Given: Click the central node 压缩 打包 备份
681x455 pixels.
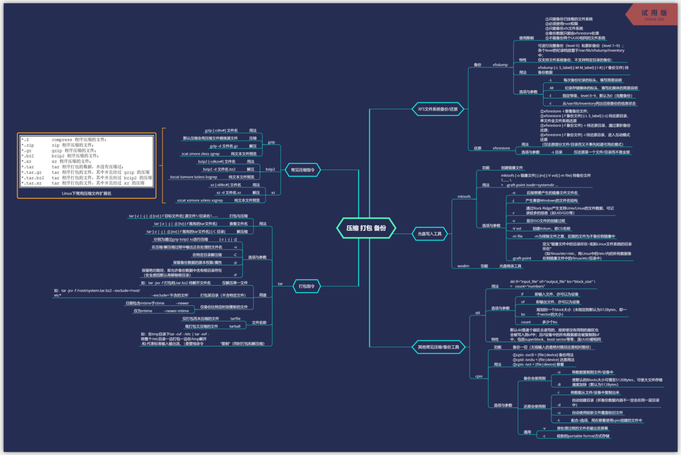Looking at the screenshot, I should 366,228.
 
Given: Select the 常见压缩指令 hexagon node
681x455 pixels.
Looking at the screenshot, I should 303,170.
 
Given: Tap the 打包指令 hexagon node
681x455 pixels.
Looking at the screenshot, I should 306,286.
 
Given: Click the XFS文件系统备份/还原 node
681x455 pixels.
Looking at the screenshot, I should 438,109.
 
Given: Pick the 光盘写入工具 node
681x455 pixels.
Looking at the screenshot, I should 429,234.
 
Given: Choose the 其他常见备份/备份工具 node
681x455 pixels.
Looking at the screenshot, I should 439,347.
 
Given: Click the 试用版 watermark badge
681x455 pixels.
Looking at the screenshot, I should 654,15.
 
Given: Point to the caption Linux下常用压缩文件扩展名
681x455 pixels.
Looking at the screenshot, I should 86,193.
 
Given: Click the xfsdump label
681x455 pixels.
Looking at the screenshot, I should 500,65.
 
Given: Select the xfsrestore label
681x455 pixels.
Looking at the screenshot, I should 501,148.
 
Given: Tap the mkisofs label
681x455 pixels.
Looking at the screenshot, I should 464,196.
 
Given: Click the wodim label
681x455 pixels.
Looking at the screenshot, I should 463,266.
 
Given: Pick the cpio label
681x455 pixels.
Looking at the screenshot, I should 479,376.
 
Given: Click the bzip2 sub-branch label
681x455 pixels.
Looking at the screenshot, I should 270,169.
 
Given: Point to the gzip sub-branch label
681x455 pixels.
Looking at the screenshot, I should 272,142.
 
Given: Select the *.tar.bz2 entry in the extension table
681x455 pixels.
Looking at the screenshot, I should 33,178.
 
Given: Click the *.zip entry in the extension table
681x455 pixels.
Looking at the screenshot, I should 28,145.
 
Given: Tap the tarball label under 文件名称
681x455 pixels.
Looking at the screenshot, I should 235,326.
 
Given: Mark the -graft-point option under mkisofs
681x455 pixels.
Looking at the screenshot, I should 521,258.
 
